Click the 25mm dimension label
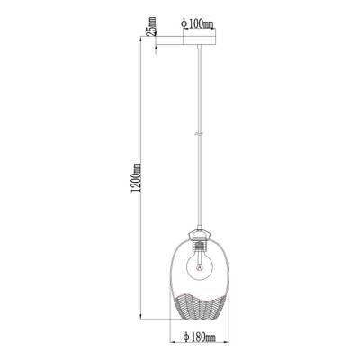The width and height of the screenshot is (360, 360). (153, 26)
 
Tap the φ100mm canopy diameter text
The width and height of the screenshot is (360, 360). (197, 23)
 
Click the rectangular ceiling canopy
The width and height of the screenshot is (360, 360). (200, 40)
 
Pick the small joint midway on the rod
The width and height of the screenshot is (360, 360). (198, 134)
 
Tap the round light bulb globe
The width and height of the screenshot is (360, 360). (199, 264)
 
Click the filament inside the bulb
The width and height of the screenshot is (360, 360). (199, 265)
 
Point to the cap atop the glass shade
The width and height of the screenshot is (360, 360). (200, 234)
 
